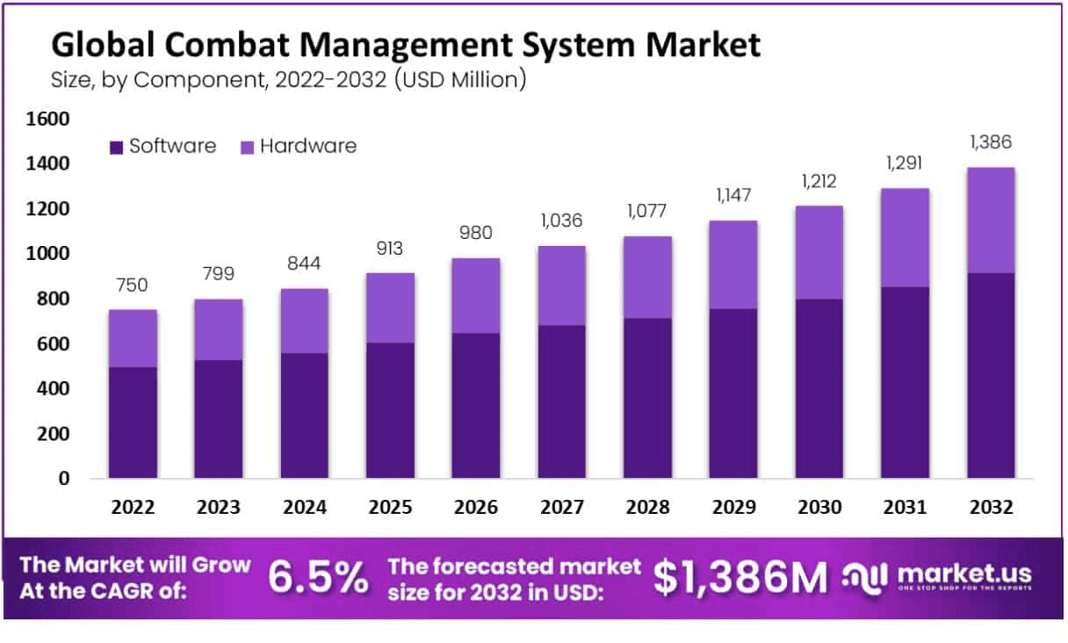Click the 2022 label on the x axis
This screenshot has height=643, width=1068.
pyautogui.click(x=133, y=508)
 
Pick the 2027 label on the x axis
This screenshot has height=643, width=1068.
pyautogui.click(x=562, y=508)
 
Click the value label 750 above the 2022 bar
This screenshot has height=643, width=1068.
pyautogui.click(x=133, y=285)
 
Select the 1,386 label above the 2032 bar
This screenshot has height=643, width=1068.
pyautogui.click(x=992, y=142)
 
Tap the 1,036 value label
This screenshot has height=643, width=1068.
pyautogui.click(x=562, y=220)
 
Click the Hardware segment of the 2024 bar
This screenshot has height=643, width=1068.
pyautogui.click(x=305, y=321)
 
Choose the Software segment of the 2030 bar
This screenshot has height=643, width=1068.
pyautogui.click(x=819, y=388)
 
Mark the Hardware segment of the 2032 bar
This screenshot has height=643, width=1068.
pyautogui.click(x=992, y=220)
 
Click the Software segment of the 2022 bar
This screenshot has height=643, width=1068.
pyautogui.click(x=133, y=423)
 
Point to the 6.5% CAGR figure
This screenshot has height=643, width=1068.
pyautogui.click(x=318, y=577)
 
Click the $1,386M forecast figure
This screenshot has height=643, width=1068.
pyautogui.click(x=740, y=577)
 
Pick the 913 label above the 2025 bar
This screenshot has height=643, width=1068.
pyautogui.click(x=391, y=249)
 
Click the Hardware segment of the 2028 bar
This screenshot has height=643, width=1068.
pyautogui.click(x=648, y=277)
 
